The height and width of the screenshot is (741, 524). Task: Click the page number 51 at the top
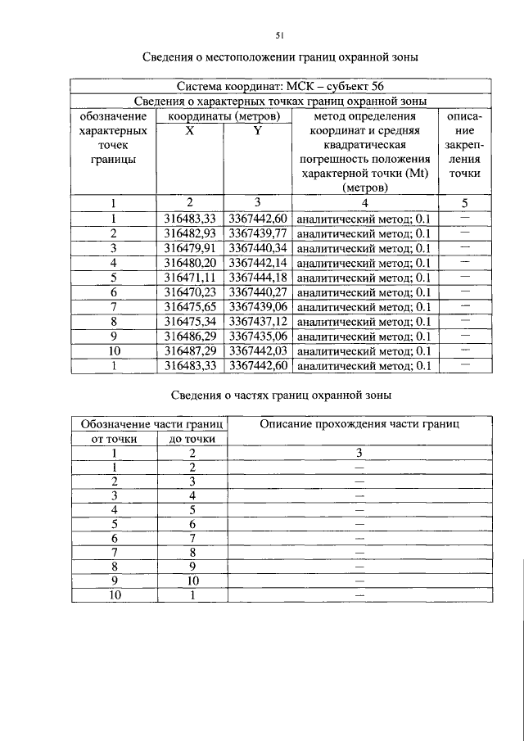coord(278,35)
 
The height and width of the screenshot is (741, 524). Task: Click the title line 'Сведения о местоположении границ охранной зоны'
coord(281,58)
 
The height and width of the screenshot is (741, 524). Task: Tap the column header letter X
coord(189,131)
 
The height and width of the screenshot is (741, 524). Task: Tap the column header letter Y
coord(256,131)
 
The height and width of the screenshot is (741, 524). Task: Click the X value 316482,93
coord(189,233)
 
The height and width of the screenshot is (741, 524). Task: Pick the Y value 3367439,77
coord(257,233)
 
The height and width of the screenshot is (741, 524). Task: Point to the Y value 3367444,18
coord(257,278)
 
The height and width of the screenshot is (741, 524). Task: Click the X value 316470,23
coord(189,292)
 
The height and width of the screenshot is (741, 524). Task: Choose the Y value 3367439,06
coord(257,307)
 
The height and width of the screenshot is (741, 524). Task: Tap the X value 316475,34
coord(189,322)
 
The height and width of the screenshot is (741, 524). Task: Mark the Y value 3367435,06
coord(257,337)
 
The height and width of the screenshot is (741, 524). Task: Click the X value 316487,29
coord(189,351)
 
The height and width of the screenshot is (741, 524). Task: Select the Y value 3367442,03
coord(257,351)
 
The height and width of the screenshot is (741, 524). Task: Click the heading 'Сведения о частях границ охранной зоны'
coord(281,395)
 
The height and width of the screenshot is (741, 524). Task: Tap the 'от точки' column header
coord(114,439)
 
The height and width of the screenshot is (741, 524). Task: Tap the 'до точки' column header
coord(192,439)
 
